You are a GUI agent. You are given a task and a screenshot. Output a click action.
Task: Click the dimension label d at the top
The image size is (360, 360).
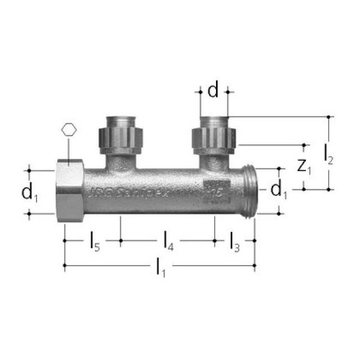pos(213,90)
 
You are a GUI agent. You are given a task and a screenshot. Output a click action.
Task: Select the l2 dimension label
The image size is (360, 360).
pos(329,154)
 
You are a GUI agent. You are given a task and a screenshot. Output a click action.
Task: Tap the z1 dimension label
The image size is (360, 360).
pos(304,166)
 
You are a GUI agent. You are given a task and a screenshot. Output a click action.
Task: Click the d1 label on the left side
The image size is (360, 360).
pos(30,192)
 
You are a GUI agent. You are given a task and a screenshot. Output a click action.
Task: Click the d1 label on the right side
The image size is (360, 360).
pos(278,191)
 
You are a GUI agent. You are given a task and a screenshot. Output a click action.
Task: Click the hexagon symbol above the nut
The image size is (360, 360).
pos(68,129)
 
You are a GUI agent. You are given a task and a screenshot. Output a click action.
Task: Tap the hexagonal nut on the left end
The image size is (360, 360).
pos(70,191)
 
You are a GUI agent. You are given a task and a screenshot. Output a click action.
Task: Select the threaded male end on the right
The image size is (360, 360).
pos(250,191)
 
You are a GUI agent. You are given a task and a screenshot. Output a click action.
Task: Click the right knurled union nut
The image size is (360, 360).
pos(214,139)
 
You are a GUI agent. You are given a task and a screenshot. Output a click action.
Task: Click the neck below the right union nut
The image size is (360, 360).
pos(214,163)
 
